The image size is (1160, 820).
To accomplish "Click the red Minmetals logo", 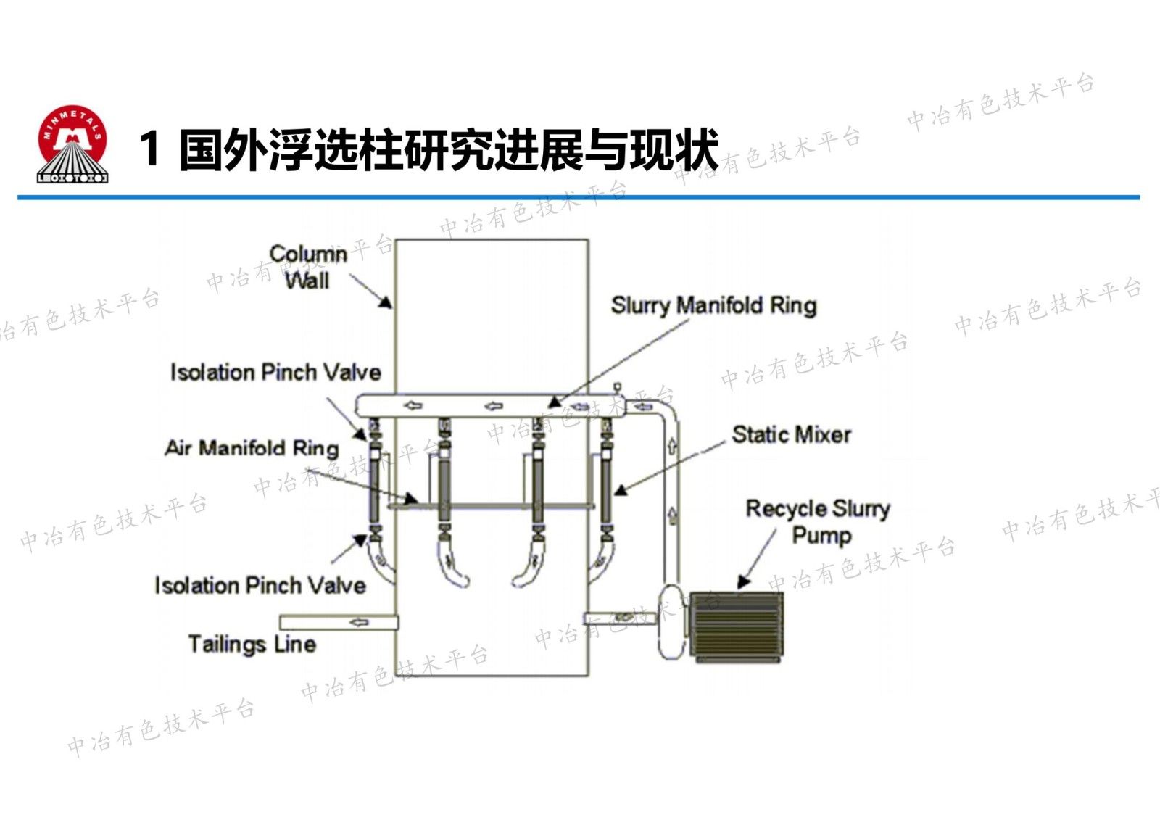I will coord(72,144).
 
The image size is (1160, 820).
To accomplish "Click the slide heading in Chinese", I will coord(447,150).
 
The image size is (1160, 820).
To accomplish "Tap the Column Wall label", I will coord(308,267).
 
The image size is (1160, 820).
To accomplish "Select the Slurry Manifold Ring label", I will coord(713,305).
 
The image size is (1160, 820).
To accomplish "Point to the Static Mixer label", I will coord(791,434).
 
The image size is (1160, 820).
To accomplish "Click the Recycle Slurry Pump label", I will coord(818,521).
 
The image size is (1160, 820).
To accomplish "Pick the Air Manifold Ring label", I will coord(252,447).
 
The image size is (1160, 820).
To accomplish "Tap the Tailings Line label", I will coord(252,644).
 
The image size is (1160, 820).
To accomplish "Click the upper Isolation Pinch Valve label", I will coord(275,372).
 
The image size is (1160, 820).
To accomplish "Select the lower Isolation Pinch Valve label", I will coord(260,585).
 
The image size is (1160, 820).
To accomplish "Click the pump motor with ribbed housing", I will coord(736,626).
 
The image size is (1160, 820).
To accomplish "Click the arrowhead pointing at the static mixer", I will coord(620,490).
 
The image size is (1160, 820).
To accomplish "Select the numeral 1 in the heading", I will coord(150,149).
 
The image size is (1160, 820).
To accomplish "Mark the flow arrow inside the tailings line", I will coord(359,622).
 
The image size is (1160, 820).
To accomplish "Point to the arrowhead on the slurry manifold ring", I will coord(555,402).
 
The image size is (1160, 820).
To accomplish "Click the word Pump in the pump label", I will coord(821,536).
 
